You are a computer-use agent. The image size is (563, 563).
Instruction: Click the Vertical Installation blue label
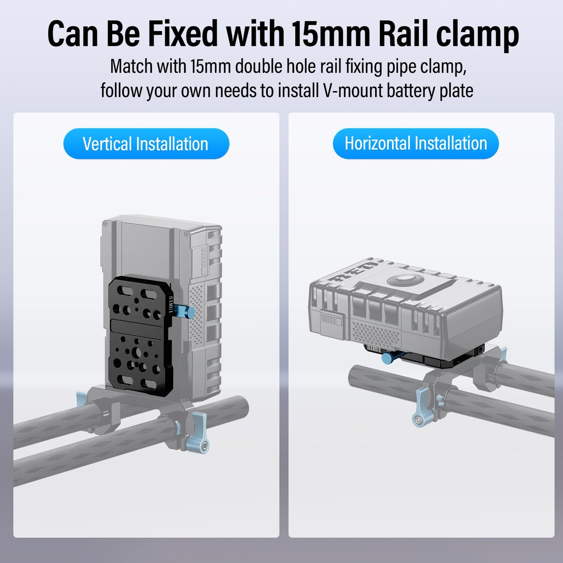[x=146, y=143]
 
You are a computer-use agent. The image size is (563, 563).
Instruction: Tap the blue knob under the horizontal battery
[x=389, y=358]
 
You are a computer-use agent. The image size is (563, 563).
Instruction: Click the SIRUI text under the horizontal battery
[x=374, y=349]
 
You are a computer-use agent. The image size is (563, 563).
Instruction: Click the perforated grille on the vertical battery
[x=197, y=315]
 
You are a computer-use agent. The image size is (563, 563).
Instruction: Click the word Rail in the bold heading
[x=404, y=33]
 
